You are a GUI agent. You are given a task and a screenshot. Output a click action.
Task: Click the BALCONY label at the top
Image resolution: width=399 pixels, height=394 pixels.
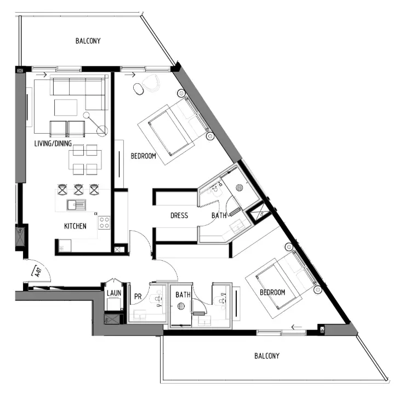88,41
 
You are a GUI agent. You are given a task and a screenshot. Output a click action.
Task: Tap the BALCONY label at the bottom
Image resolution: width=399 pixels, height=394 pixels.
267,356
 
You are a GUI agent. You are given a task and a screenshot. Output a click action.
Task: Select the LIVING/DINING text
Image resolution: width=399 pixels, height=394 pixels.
53,144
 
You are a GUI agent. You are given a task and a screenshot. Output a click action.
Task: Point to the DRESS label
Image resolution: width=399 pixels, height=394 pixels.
179,216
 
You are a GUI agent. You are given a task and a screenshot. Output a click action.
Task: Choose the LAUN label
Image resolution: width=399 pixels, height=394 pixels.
114,294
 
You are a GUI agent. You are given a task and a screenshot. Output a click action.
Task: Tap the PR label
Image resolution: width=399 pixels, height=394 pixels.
138,297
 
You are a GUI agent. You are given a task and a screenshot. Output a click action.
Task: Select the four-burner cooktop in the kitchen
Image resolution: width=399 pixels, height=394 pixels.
104,222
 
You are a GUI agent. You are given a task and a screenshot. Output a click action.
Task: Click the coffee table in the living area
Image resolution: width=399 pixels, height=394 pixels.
66,107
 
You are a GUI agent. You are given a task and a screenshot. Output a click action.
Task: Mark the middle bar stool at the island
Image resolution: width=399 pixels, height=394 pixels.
78,190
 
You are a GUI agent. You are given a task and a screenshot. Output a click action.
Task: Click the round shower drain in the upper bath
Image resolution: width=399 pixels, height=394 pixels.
238,187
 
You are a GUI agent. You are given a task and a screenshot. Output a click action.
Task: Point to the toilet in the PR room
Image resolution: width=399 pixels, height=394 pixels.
157,299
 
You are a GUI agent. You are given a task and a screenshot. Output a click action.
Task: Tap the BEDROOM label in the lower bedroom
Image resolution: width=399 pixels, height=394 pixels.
272,293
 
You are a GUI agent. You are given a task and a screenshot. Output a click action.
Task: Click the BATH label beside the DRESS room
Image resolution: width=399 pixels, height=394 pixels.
219,216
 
